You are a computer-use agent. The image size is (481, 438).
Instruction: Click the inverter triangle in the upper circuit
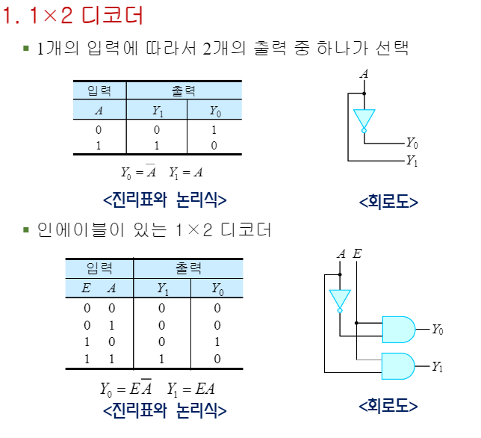pos(364,119)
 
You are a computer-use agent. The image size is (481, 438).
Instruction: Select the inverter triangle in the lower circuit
pos(339,299)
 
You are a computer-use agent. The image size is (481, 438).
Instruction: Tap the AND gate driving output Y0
pos(397,329)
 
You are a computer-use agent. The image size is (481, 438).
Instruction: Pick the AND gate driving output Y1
pos(397,366)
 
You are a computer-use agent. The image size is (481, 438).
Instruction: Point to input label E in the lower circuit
pos(357,254)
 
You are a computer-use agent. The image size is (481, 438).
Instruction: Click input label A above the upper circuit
pos(364,73)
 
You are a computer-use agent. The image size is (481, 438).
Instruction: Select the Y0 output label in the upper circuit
pos(412,142)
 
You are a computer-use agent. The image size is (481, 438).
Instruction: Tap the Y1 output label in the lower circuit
pos(438,367)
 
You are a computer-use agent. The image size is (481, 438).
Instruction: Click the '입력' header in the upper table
pos(99,90)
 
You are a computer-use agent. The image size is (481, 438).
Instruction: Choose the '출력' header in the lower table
pos(188,268)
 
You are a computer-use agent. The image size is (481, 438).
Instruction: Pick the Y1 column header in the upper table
pos(157,111)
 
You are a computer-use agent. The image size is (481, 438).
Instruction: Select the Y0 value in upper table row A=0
pos(214,130)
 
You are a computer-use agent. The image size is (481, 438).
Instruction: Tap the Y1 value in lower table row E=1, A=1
pos(162,359)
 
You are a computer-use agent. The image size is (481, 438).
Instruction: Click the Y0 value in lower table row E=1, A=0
pos(217,342)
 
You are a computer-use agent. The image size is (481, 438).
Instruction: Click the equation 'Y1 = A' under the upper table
pos(186,173)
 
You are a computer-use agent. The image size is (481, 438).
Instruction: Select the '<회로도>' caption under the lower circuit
pos(388,406)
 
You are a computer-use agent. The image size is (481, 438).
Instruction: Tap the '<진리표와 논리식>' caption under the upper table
pos(164,200)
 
